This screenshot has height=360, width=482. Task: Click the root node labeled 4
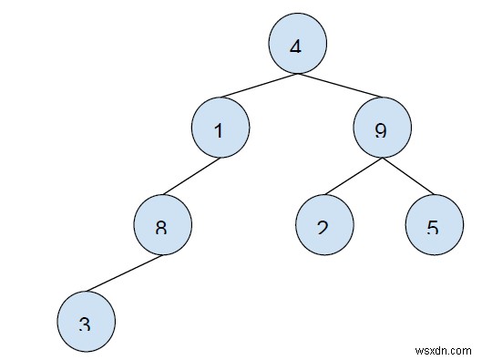pos(296,44)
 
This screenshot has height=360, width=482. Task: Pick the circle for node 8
pos(162,224)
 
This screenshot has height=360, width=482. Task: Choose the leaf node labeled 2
pos(323,224)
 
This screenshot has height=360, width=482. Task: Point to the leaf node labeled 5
pos(432,224)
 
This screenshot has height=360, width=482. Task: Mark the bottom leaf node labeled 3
pos(85,322)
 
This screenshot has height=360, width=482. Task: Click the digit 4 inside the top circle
pos(295,45)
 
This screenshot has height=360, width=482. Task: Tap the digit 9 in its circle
pos(381,131)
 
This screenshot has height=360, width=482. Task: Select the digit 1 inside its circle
pos(219,131)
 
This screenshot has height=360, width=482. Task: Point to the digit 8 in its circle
pos(161,228)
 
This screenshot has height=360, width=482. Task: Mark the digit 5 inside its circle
pos(432,228)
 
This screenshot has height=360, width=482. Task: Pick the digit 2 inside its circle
pos(323,228)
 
